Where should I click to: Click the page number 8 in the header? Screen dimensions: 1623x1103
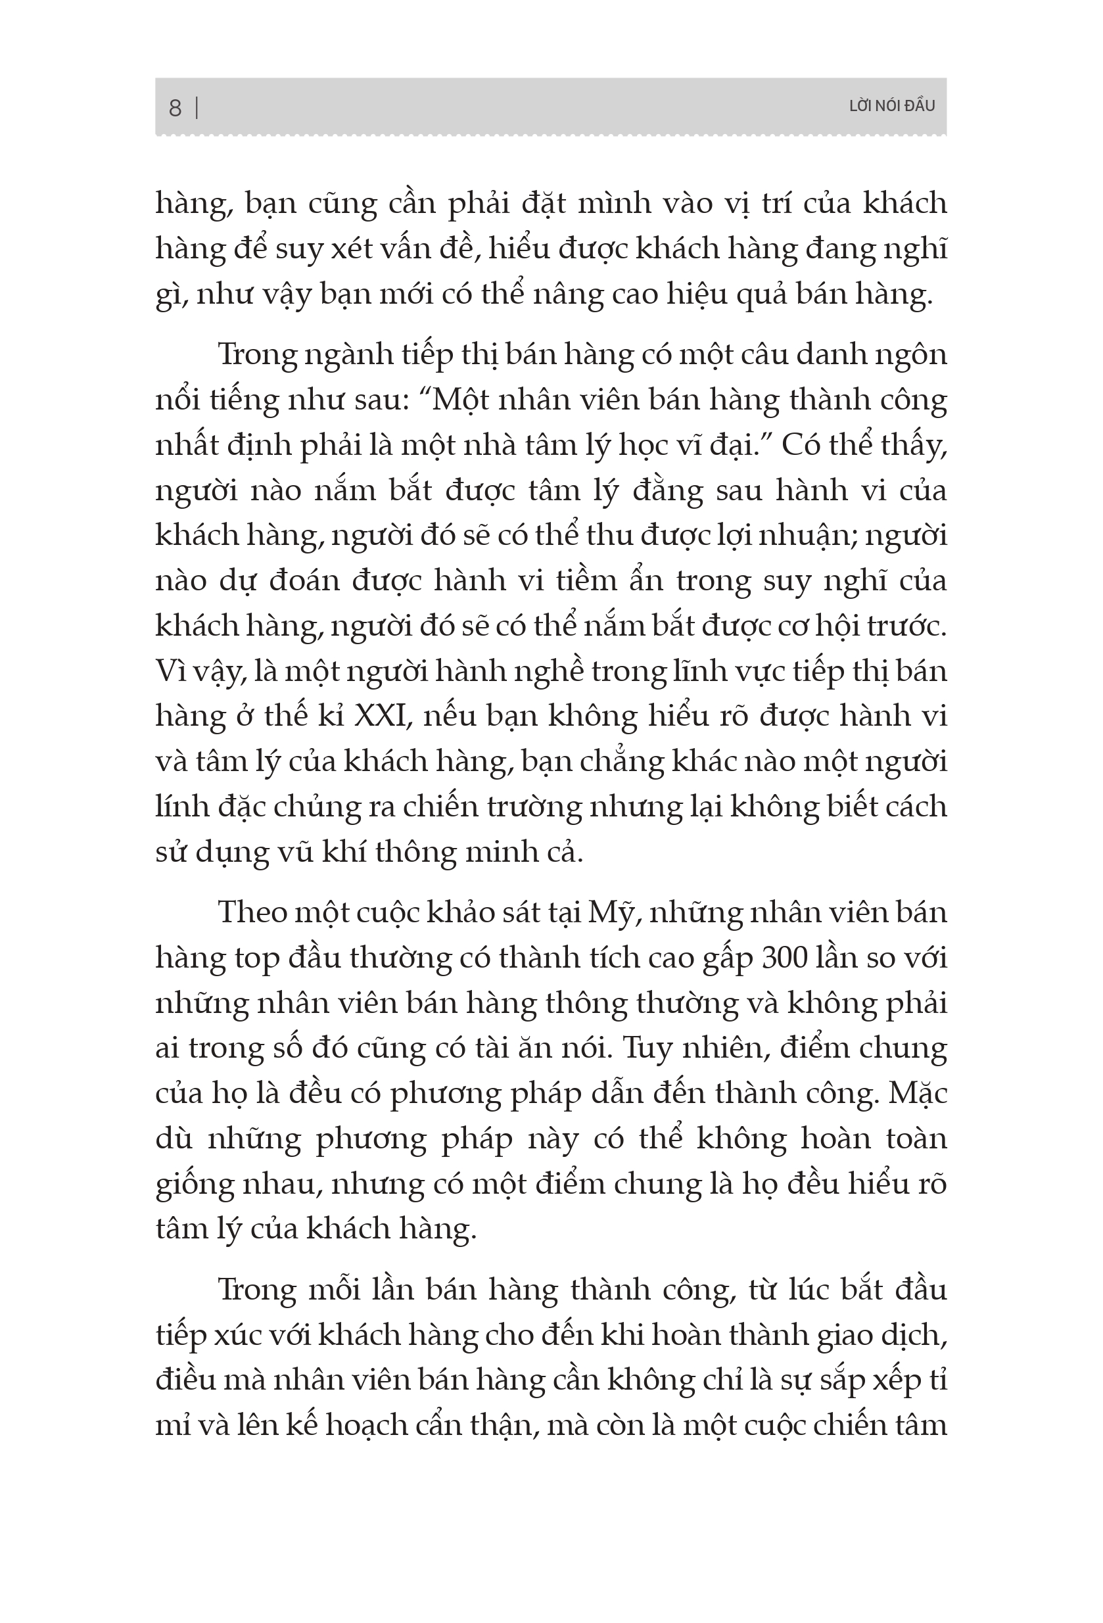[175, 108]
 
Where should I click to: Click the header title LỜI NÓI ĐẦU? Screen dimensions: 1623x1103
[891, 106]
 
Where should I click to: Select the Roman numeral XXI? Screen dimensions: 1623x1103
[381, 717]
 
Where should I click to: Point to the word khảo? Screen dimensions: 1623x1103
[454, 914]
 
